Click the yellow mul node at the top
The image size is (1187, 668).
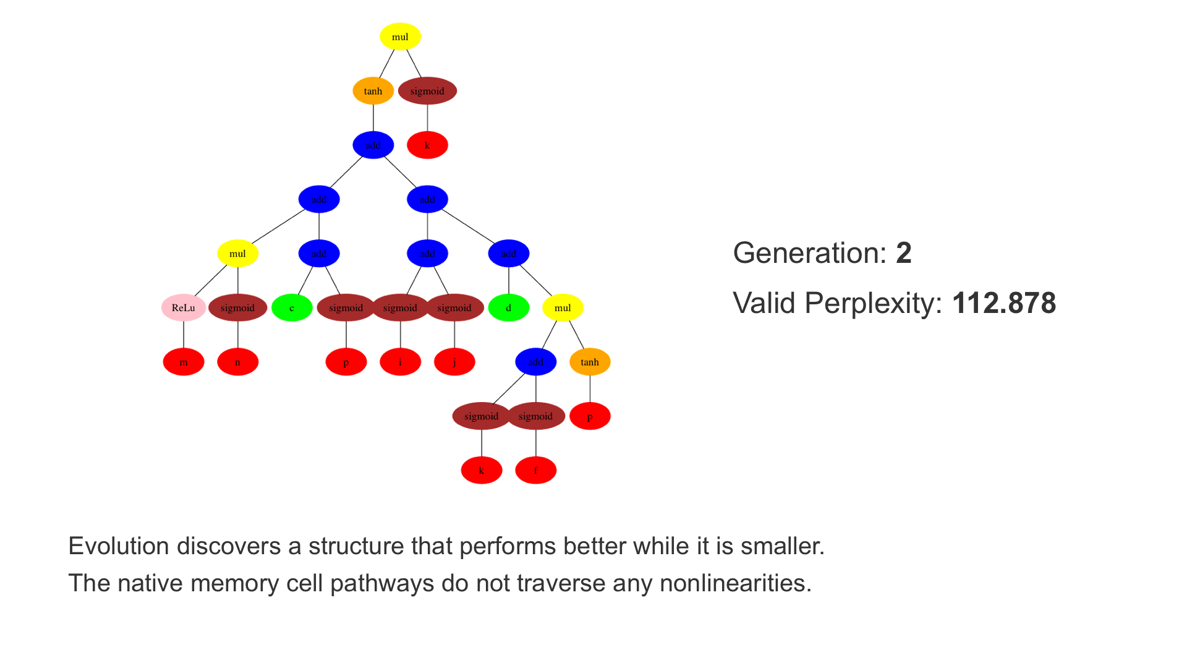click(400, 37)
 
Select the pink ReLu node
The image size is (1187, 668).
click(184, 308)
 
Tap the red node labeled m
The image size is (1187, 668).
click(184, 362)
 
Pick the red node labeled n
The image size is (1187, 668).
click(237, 362)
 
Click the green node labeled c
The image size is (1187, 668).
click(292, 308)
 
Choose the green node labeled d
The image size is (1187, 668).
click(508, 308)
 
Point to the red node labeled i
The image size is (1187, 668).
click(400, 362)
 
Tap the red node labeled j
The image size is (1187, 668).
click(454, 362)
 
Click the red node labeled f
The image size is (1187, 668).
click(535, 471)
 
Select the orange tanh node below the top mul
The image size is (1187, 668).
click(373, 92)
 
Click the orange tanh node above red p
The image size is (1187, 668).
click(590, 362)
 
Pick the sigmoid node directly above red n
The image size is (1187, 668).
click(237, 308)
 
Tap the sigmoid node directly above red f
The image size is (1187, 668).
click(535, 416)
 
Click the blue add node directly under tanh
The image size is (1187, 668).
click(373, 145)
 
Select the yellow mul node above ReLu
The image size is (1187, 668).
click(237, 254)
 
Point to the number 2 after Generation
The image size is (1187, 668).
click(903, 254)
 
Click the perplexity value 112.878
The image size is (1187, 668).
click(1004, 304)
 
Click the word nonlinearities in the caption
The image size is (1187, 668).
click(735, 584)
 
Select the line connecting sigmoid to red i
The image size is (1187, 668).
click(400, 335)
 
